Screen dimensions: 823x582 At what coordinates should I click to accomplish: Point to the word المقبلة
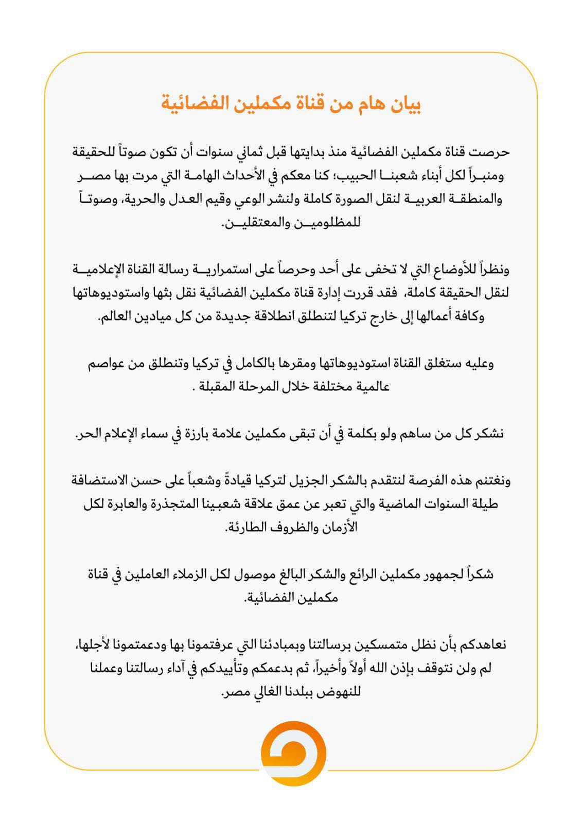pyautogui.click(x=218, y=387)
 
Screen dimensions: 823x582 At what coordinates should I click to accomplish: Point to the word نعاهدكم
pyautogui.click(x=482, y=645)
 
